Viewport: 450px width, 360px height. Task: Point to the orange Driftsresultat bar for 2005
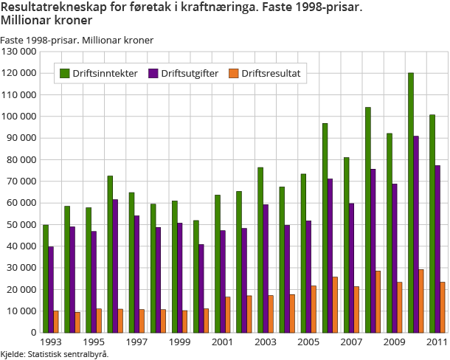[x=313, y=309]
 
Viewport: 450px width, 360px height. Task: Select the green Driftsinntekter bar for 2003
[x=260, y=250]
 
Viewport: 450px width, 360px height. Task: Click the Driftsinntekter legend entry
[x=99, y=73]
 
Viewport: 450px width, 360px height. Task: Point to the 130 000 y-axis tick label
[x=18, y=52]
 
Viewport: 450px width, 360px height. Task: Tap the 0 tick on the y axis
[x=33, y=333]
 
